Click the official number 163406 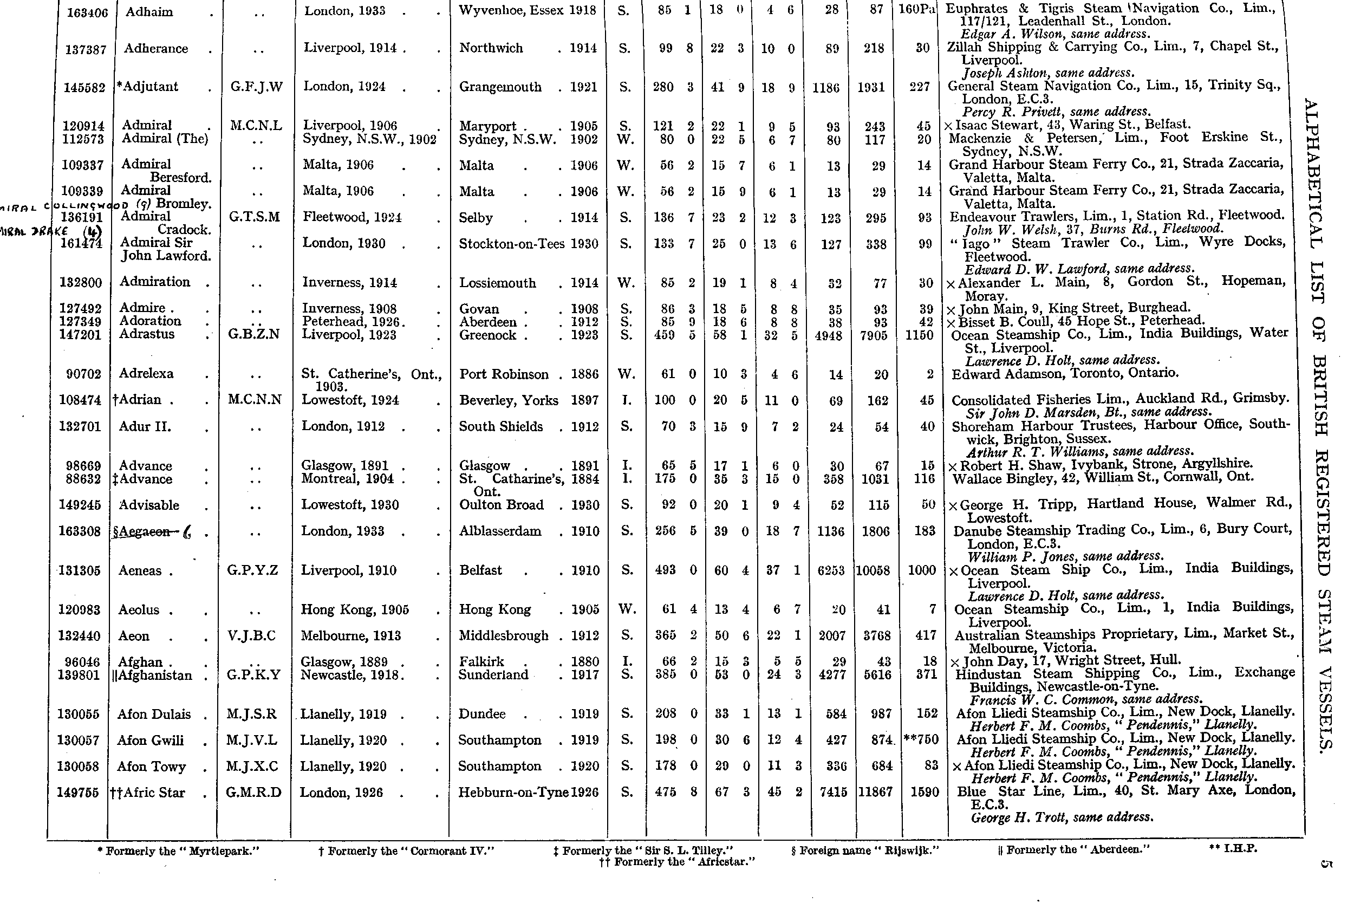(87, 12)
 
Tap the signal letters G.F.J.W (256, 87)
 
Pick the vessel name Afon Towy (151, 767)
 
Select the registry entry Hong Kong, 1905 (355, 610)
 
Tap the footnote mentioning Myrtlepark (179, 851)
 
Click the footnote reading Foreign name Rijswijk (865, 850)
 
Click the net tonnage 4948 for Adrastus (828, 335)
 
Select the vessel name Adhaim (149, 11)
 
